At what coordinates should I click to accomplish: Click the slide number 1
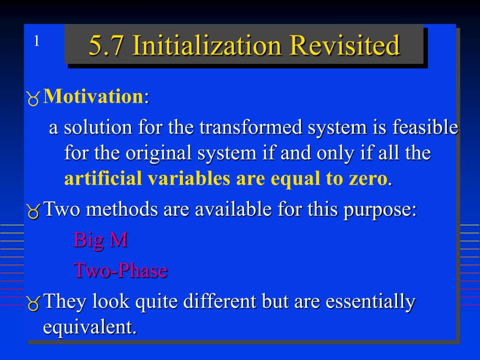coord(36,42)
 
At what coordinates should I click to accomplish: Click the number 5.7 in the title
coord(105,45)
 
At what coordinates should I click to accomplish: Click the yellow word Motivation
coord(93,97)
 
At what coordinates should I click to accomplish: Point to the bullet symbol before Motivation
coord(33,98)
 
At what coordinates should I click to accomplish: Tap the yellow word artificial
coord(103,179)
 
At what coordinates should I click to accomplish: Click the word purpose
coord(379,210)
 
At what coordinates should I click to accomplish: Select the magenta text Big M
coord(100,240)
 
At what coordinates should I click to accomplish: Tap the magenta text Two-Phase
coord(120,270)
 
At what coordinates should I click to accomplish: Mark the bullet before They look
coord(33,304)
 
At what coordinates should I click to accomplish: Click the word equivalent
coord(90,327)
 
